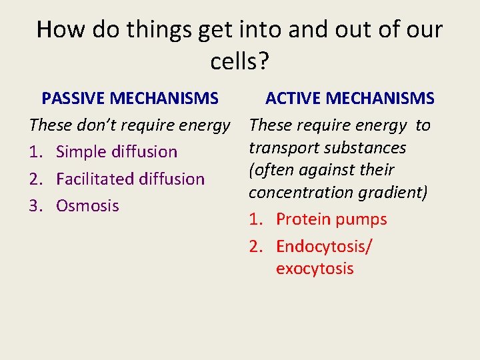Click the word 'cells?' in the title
point(239,61)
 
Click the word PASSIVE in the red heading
point(73,99)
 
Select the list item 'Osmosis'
point(87,206)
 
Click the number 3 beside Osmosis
point(35,206)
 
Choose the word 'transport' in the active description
point(282,147)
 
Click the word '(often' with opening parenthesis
point(271,170)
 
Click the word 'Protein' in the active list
point(303,219)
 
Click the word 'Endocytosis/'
point(324,247)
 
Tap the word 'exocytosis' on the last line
point(315,269)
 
